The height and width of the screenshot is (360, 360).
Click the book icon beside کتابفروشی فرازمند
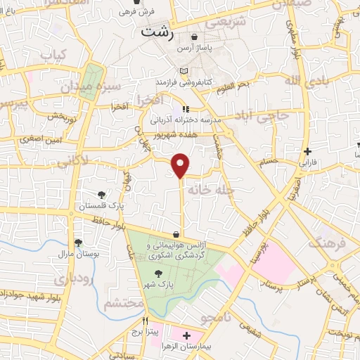pos(185,71)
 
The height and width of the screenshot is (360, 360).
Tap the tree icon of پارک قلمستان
pos(102,195)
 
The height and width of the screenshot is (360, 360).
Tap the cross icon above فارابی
pos(307,151)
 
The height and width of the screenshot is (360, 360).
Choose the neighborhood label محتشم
pos(124,303)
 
